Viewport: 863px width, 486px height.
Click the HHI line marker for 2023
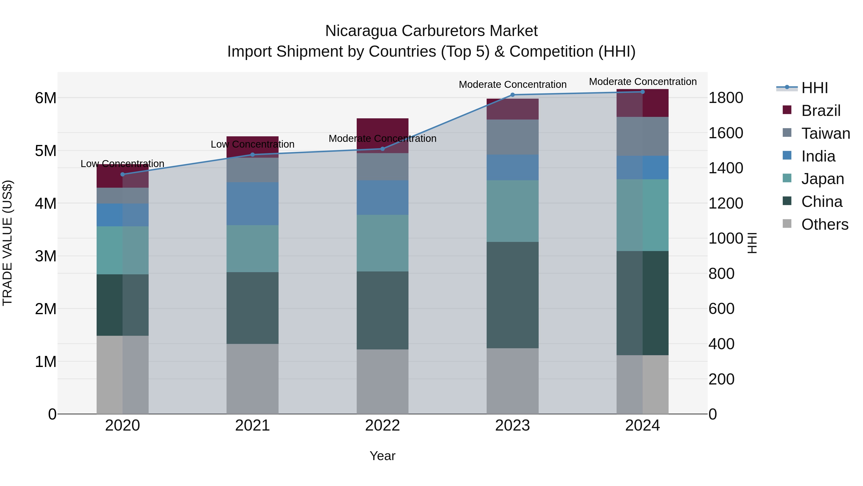coord(512,95)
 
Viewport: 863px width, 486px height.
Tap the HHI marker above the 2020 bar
coord(122,174)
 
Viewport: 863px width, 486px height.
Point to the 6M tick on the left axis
coord(46,98)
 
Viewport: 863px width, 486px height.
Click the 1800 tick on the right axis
coord(726,98)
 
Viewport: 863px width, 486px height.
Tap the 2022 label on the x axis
coord(382,426)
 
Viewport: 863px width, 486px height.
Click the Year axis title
coord(382,456)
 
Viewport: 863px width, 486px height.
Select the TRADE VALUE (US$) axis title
coord(7,243)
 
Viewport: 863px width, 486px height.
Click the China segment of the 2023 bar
coord(512,295)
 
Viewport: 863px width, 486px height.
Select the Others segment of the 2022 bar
coord(382,382)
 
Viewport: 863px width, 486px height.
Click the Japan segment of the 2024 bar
coord(642,215)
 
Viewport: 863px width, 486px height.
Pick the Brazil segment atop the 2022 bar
coord(382,127)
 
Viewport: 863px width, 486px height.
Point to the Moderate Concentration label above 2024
coord(642,82)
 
